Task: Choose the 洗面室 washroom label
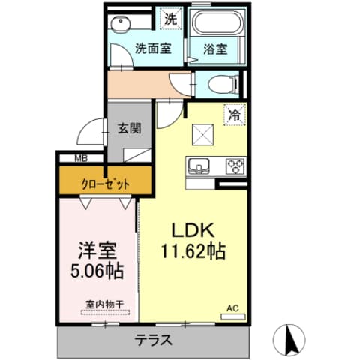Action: coord(152,49)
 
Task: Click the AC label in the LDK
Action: coord(232,307)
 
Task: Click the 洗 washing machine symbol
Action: coord(171,19)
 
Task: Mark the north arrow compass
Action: coord(291,340)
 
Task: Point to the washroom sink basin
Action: coord(120,25)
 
